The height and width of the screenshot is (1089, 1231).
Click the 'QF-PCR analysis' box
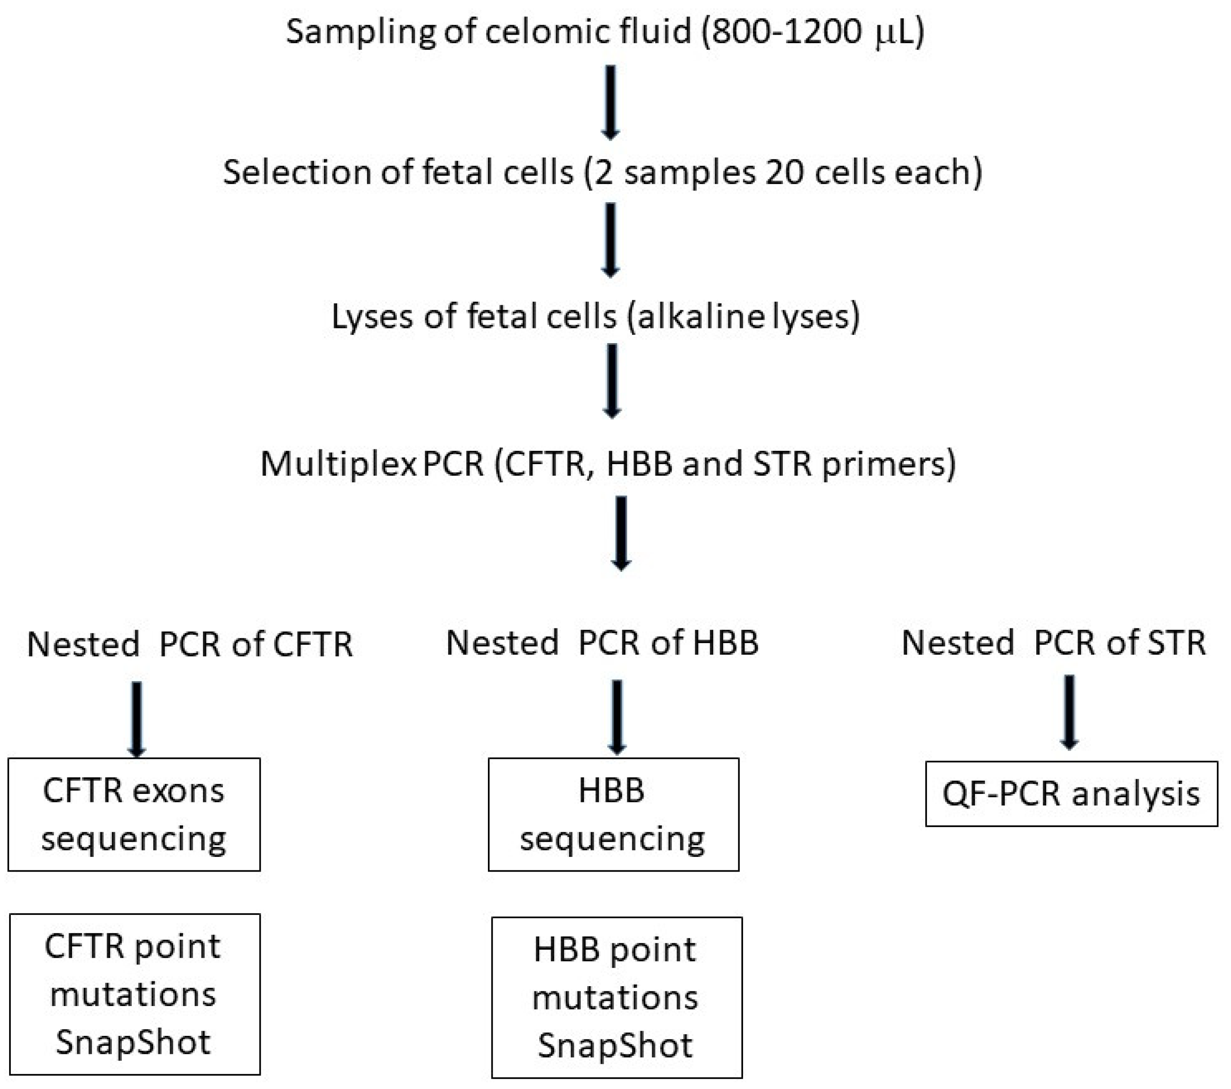(x=1071, y=794)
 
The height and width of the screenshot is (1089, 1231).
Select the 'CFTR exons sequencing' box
(x=134, y=814)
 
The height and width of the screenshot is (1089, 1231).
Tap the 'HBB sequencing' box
(x=613, y=814)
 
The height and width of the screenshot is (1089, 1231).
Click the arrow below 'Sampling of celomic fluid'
(x=611, y=102)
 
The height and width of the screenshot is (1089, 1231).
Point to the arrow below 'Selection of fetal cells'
(x=611, y=240)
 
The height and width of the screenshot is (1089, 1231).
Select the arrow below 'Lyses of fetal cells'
(x=612, y=381)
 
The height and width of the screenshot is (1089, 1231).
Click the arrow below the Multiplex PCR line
(x=621, y=533)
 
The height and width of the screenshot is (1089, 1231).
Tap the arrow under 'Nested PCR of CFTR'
(x=137, y=718)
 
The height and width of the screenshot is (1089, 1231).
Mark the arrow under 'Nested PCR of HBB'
(x=617, y=717)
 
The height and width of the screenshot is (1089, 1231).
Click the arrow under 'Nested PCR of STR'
(x=1069, y=712)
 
